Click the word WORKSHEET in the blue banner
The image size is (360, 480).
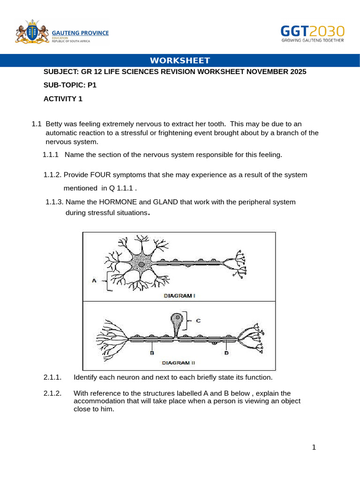click(x=180, y=60)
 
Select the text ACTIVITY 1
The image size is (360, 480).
click(x=63, y=98)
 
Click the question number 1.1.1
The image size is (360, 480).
click(x=51, y=155)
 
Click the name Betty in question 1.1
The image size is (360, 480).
click(x=54, y=124)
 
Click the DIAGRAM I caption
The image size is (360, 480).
click(x=179, y=296)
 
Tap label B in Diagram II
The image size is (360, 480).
click(x=152, y=353)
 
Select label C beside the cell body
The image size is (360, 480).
click(x=198, y=321)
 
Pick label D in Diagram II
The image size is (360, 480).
click(x=226, y=353)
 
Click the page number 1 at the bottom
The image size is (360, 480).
click(x=314, y=448)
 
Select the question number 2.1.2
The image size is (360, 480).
click(x=52, y=393)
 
